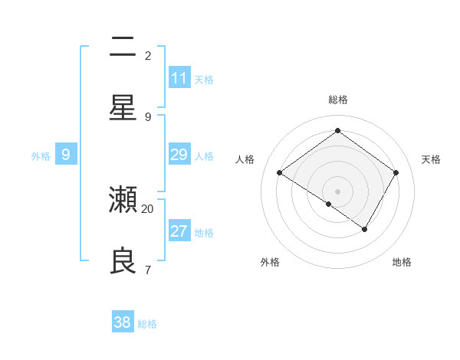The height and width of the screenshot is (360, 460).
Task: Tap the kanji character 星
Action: tap(123, 108)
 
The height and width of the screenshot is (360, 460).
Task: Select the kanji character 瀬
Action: tap(123, 201)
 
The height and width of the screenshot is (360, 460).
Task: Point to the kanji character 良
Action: tap(123, 261)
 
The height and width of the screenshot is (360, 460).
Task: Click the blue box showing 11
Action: tap(179, 78)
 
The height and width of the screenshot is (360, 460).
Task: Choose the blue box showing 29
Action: tap(179, 155)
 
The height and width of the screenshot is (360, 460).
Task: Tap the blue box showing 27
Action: tap(179, 231)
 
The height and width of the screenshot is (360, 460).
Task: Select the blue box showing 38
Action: tap(123, 322)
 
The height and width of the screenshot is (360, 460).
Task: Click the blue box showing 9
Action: tap(66, 155)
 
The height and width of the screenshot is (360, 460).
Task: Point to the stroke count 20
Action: tap(148, 208)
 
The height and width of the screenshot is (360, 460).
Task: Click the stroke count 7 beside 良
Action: tap(147, 270)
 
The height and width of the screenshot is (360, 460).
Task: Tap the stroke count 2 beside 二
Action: tap(147, 55)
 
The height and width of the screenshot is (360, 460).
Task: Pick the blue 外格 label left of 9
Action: tap(41, 156)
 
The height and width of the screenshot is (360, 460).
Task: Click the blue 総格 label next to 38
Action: tap(147, 324)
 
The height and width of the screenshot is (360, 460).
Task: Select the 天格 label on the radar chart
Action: tap(431, 159)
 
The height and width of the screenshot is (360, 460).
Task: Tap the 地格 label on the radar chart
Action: tap(402, 262)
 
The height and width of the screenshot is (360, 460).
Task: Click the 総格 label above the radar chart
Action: tap(337, 100)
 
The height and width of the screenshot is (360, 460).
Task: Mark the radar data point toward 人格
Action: tap(280, 173)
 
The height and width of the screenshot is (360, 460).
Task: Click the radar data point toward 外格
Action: tap(328, 204)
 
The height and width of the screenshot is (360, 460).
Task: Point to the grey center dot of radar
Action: tap(337, 191)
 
